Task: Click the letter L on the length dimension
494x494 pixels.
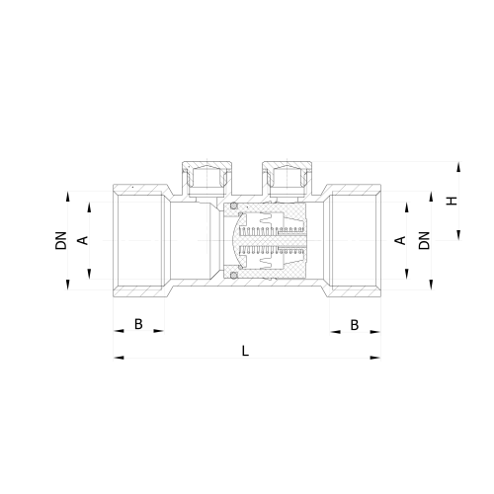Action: click(245, 348)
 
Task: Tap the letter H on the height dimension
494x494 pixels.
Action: click(452, 201)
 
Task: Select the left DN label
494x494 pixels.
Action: click(61, 240)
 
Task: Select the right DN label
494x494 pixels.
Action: click(424, 240)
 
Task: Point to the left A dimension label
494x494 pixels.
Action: click(84, 240)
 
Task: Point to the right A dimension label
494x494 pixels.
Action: click(400, 240)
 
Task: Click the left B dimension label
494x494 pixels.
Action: click(138, 324)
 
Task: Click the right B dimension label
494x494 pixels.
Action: click(354, 324)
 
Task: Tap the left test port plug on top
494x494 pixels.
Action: click(203, 179)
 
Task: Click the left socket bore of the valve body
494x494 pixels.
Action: click(140, 241)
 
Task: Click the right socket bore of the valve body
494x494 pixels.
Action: click(353, 241)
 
